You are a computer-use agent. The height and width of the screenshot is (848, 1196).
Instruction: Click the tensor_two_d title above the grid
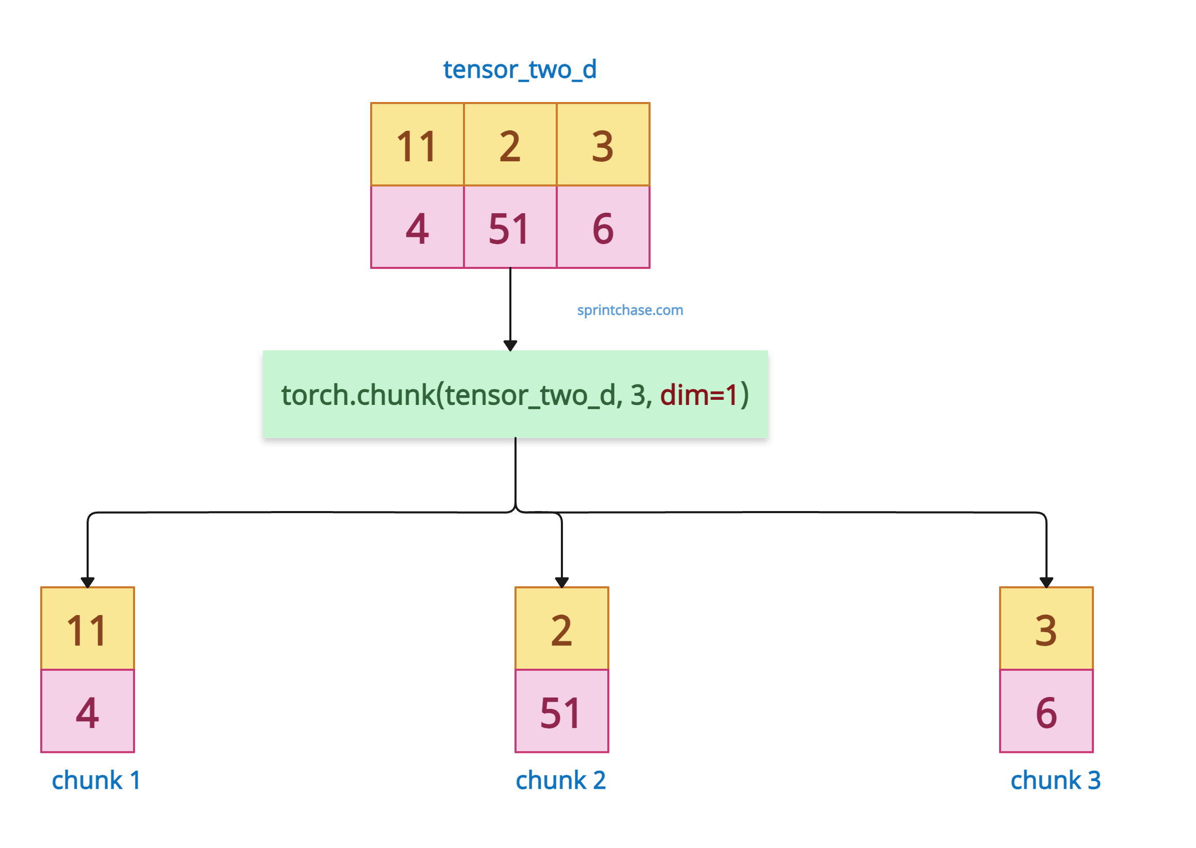coord(519,70)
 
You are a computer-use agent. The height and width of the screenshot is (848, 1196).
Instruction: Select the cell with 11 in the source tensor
coord(417,144)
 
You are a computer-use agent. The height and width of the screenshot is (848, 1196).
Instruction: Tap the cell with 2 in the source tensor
coord(510,144)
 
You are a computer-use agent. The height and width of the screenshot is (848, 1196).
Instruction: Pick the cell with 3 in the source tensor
coord(603,144)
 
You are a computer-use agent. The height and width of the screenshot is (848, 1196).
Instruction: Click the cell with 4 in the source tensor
coord(417,227)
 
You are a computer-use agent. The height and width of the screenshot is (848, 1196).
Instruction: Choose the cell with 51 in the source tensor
coord(510,227)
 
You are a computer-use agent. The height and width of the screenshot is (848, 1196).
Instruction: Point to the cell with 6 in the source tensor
coord(603,227)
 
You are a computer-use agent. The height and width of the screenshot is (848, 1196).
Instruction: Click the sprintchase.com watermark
coord(629,310)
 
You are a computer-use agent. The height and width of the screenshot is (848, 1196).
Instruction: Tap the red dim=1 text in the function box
coord(699,395)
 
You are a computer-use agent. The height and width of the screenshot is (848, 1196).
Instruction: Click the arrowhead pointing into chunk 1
coord(88,583)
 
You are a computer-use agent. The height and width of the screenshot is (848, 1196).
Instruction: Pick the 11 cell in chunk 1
coord(88,628)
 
